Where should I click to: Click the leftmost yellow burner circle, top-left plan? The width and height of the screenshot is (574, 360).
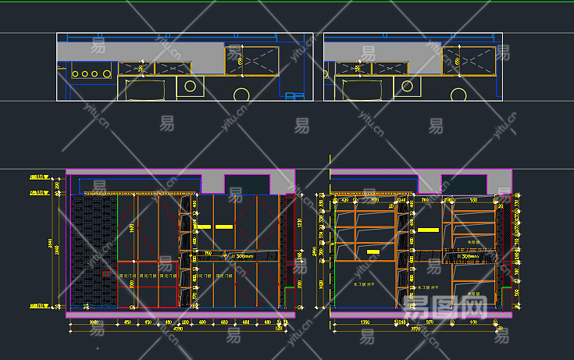coord(76,73)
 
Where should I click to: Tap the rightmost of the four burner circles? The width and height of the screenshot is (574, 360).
coord(105,73)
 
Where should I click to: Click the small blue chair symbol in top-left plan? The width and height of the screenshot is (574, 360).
coord(294,96)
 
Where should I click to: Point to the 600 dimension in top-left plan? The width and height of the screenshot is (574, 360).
coord(240,60)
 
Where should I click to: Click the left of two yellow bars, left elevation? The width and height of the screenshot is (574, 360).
coord(204,226)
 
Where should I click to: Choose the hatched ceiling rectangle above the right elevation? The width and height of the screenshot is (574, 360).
coord(466,184)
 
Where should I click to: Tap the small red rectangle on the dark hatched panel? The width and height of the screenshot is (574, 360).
coord(106,273)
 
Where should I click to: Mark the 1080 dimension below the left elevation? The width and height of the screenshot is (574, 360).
coord(93,322)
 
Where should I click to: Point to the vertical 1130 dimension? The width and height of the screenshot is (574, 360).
coord(301,223)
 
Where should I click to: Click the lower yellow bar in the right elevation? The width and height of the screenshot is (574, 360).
coord(373,252)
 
